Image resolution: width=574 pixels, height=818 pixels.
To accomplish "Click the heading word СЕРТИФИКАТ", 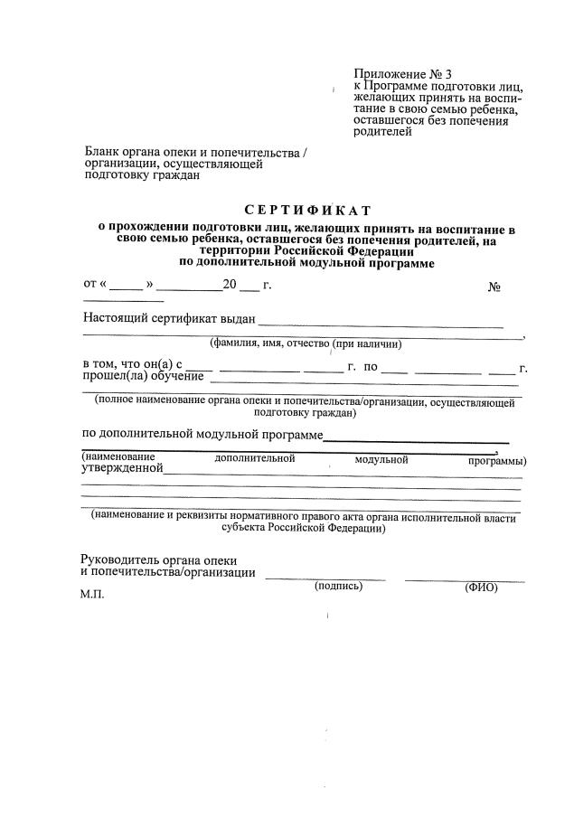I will pyautogui.click(x=295, y=211).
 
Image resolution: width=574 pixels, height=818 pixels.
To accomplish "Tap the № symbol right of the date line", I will pyautogui.click(x=494, y=287).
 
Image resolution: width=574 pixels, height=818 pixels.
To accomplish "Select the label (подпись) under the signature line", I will pyautogui.click(x=338, y=586).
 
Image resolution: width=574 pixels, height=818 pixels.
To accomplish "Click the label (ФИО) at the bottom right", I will pyautogui.click(x=481, y=588).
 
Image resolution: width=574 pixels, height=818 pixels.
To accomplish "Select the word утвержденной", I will pyautogui.click(x=122, y=468).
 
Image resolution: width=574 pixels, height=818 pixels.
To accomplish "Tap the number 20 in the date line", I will pyautogui.click(x=230, y=285).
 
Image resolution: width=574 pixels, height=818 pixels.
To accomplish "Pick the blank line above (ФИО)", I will pyautogui.click(x=464, y=578).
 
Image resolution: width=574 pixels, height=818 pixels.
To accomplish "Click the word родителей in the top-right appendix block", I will pyautogui.click(x=382, y=132).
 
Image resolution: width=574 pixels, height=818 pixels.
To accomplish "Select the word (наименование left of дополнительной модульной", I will pyautogui.click(x=118, y=457).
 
